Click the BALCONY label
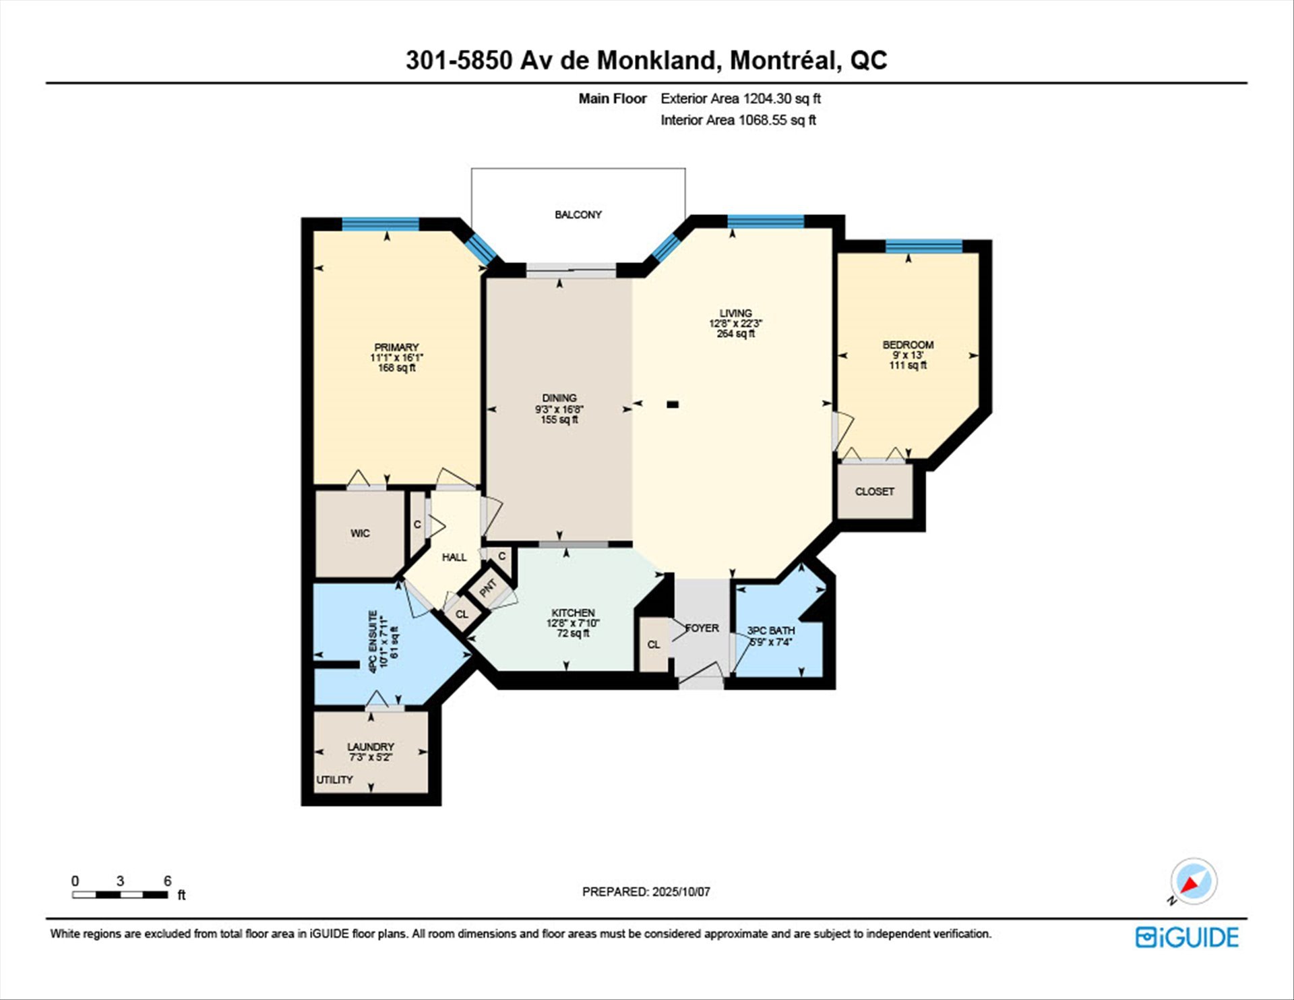pyautogui.click(x=578, y=214)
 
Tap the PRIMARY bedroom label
pyautogui.click(x=396, y=347)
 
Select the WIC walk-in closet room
pyautogui.click(x=360, y=533)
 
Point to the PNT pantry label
pyautogui.click(x=488, y=588)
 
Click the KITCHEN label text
pyautogui.click(x=573, y=613)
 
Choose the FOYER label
pyautogui.click(x=702, y=628)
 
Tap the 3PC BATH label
pyautogui.click(x=770, y=630)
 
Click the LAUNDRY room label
pyautogui.click(x=371, y=746)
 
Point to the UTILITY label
pyautogui.click(x=334, y=780)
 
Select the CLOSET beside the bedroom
pyautogui.click(x=875, y=492)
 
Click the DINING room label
pyautogui.click(x=559, y=398)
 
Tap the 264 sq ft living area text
pyautogui.click(x=735, y=334)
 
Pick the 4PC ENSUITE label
pyautogui.click(x=372, y=641)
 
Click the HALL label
pyautogui.click(x=454, y=557)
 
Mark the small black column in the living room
pyautogui.click(x=672, y=405)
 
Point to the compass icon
pyautogui.click(x=1194, y=881)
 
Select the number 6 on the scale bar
pyautogui.click(x=167, y=881)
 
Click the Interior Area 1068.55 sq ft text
pyautogui.click(x=738, y=120)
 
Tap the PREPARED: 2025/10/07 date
pyautogui.click(x=646, y=891)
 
